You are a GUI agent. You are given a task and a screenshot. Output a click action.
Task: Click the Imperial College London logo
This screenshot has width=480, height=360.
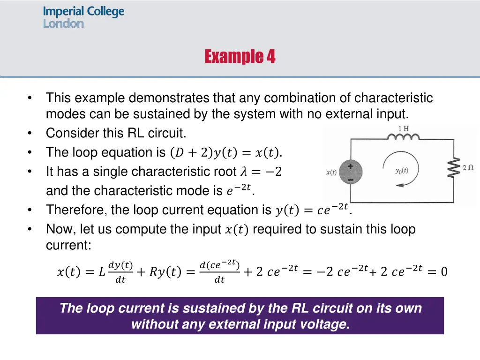click(83, 17)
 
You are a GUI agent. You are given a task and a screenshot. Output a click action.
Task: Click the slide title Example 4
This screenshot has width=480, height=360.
click(240, 57)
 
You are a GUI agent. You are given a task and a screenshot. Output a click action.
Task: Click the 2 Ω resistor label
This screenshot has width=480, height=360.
click(467, 168)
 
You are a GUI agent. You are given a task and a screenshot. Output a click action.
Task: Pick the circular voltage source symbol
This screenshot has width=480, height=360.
click(350, 172)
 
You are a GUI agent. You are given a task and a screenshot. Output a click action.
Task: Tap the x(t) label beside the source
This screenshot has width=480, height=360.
click(331, 172)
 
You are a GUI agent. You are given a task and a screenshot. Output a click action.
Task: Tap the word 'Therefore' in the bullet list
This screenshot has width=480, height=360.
click(76, 210)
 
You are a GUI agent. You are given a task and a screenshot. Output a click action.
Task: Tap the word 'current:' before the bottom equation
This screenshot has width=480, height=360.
click(68, 245)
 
